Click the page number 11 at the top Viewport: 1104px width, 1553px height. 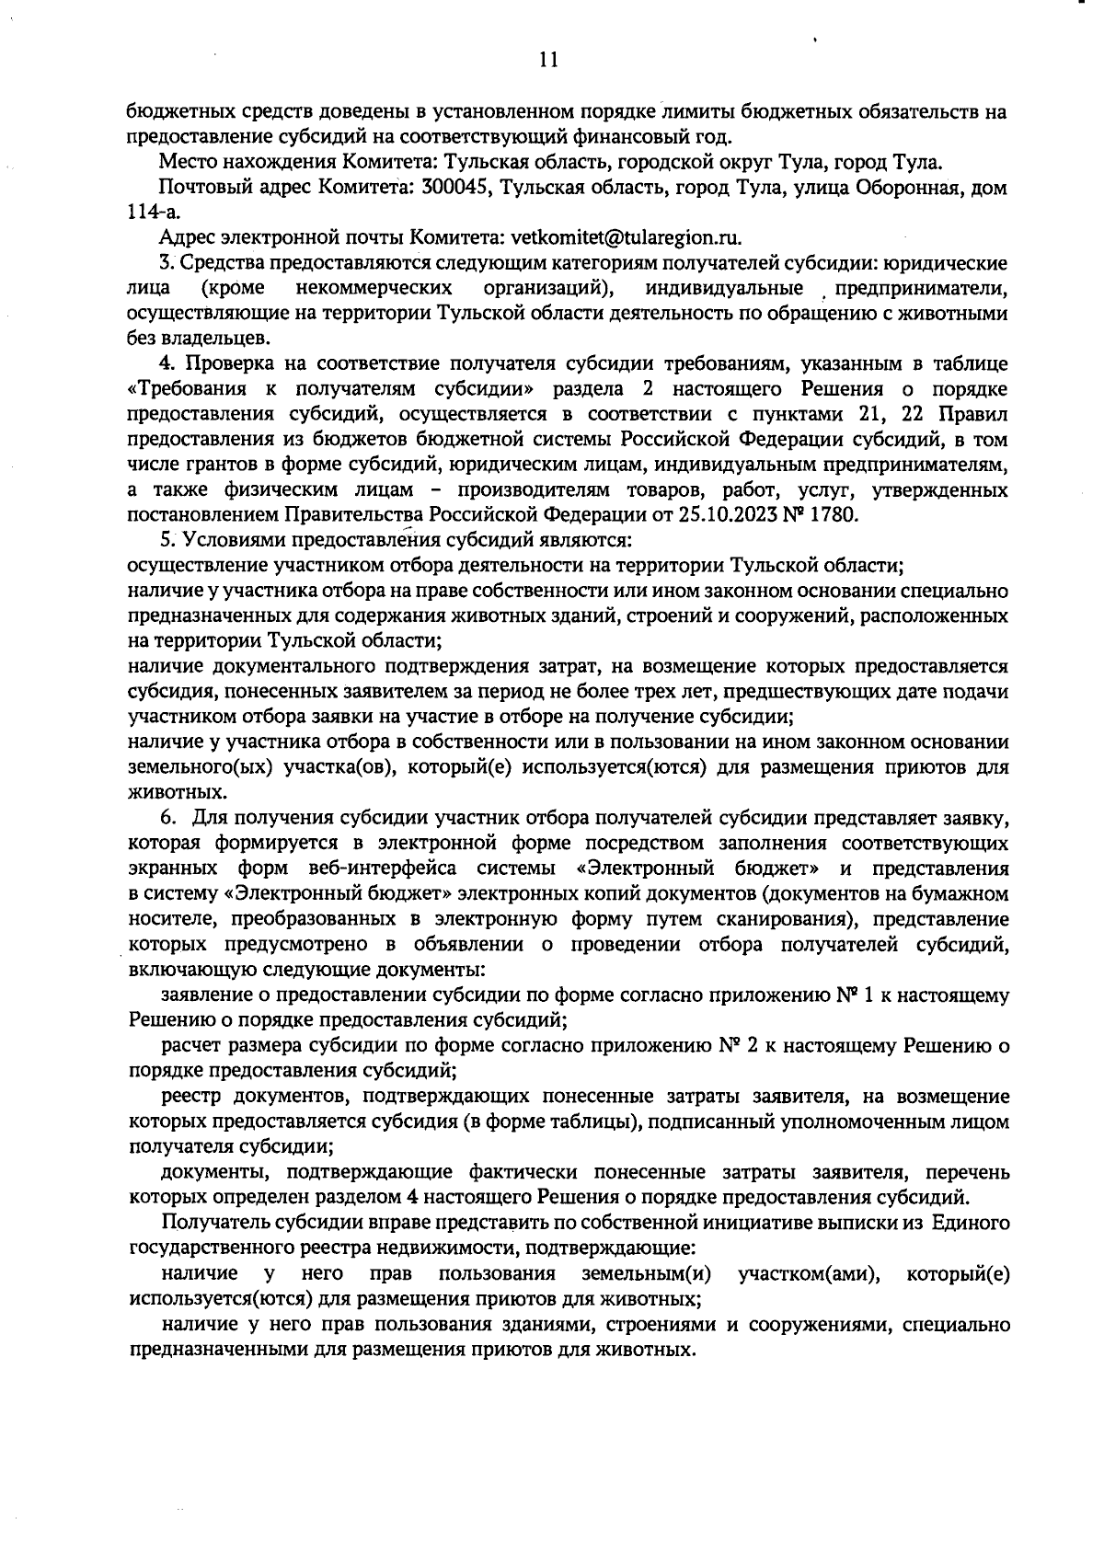548,61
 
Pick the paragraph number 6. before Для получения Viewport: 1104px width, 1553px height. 168,818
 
